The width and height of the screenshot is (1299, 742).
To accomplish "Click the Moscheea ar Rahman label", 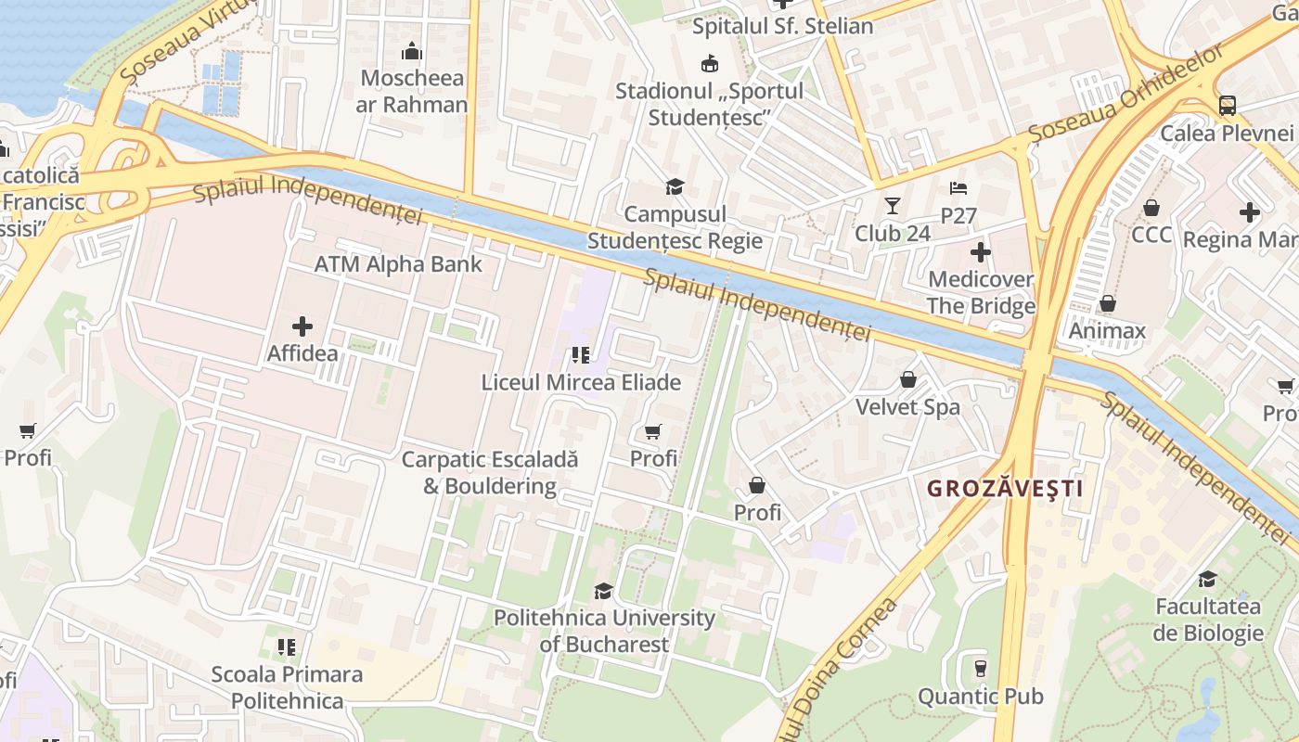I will click(412, 91).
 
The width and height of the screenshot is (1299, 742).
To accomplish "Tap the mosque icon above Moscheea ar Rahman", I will click(412, 51).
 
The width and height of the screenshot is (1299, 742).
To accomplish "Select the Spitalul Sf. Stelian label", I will click(783, 26).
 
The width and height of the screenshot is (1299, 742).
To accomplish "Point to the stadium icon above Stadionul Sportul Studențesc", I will click(710, 63).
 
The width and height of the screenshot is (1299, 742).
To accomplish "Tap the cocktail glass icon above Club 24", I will click(893, 205).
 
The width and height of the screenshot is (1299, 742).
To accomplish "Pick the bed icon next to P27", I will click(959, 189).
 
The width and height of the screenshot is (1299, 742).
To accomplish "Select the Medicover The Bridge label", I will click(981, 293).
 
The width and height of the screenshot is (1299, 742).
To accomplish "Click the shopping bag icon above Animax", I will click(1107, 303).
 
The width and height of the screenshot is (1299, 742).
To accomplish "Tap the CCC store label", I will click(1151, 235).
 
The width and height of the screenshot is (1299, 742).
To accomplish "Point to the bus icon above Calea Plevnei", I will click(1228, 105).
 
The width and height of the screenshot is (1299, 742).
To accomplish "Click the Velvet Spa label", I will click(907, 407).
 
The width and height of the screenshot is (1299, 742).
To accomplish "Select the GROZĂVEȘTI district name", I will click(1005, 489).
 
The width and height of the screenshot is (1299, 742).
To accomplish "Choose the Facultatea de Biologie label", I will click(1209, 620).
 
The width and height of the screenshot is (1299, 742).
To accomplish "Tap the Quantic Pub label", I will click(980, 696).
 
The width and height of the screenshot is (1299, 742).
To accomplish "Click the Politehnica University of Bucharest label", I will click(604, 631).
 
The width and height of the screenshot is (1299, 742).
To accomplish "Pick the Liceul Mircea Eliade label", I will click(581, 382).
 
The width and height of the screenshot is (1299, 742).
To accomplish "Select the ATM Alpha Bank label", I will click(398, 264).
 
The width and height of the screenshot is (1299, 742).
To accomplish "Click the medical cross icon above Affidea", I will click(302, 326).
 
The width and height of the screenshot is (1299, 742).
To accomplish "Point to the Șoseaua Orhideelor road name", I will click(1126, 96).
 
